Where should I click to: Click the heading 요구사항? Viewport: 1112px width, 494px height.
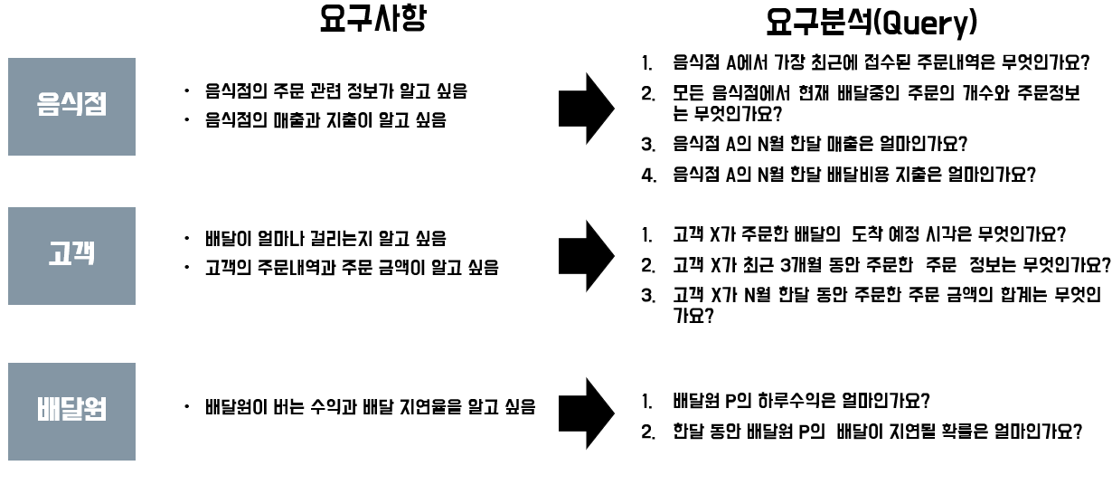[x=372, y=20]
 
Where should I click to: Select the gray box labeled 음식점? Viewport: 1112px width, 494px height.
[x=71, y=106]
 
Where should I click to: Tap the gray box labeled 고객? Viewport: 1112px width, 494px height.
[x=71, y=256]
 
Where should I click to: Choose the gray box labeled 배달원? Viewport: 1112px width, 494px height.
[x=71, y=411]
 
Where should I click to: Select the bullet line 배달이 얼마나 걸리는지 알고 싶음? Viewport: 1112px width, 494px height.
[x=325, y=240]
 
